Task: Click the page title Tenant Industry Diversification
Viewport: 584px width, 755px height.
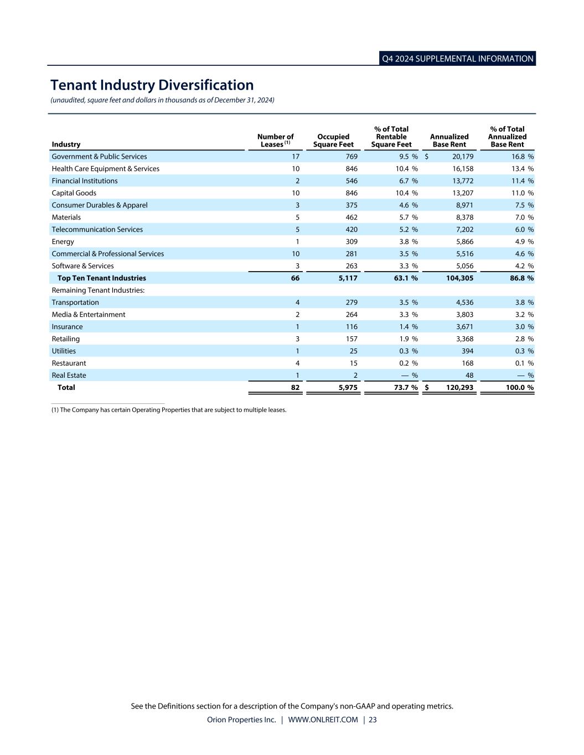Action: tap(152, 85)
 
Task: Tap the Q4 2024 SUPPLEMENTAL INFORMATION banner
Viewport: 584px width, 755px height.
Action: tap(457, 59)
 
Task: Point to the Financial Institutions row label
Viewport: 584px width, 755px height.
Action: tap(85, 181)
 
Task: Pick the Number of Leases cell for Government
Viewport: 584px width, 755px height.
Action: tap(296, 157)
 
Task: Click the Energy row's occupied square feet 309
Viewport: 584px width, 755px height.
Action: tap(351, 242)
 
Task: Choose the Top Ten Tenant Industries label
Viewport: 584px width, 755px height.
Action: tap(101, 278)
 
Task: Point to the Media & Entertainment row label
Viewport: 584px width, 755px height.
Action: tap(89, 315)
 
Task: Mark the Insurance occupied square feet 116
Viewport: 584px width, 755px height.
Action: tap(351, 327)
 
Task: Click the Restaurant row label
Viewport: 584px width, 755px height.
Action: tap(69, 363)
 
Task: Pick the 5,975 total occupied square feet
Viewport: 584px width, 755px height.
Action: tap(348, 388)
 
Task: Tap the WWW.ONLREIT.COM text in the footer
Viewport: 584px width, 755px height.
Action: tap(323, 720)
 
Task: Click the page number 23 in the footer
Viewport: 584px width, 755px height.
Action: tap(373, 720)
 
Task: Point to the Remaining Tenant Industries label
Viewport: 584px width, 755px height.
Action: tap(98, 290)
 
